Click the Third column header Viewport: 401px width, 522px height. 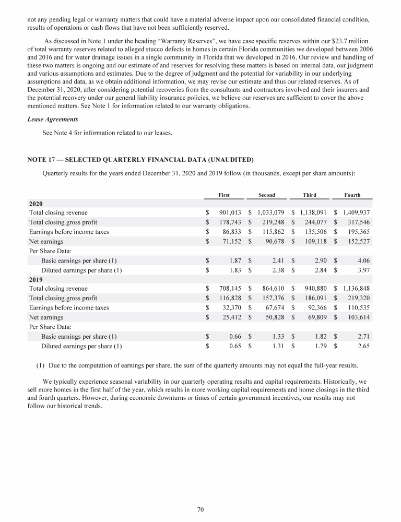coord(310,195)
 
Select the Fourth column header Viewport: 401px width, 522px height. coord(352,195)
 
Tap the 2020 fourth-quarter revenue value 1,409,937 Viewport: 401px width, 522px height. coord(356,212)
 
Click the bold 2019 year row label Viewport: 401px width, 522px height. coord(36,279)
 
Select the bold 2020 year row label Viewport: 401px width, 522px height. coord(36,204)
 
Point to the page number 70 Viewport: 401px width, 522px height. coord(200,509)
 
